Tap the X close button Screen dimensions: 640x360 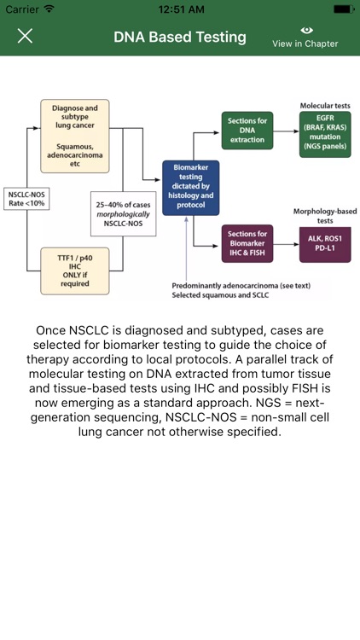coord(26,37)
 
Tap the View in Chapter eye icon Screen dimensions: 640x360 coord(305,31)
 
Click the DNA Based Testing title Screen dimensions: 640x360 coord(180,38)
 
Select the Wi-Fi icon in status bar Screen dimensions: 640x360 coord(49,9)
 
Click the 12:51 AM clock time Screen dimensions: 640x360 coord(180,9)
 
